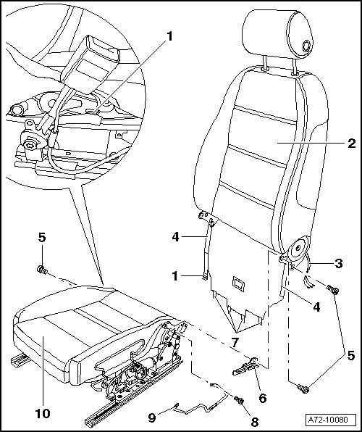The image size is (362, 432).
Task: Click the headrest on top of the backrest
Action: pos(277,36)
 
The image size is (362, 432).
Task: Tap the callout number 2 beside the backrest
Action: pos(352,144)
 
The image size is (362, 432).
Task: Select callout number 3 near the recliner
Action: pos(338,264)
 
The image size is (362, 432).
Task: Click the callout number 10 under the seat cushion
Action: pos(43,413)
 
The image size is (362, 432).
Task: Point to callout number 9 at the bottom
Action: pos(152,418)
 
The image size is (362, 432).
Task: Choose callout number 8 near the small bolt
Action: pos(254,421)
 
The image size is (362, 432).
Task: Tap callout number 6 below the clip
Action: pos(262,398)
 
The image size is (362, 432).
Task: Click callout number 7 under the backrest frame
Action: pos(235,343)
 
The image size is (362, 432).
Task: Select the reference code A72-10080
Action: pos(328,420)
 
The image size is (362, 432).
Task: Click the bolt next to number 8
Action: pos(239,400)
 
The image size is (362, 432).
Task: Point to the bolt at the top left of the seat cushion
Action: pos(42,270)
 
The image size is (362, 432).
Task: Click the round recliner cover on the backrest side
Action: pos(300,246)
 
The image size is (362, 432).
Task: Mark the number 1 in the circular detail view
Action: pos(169,36)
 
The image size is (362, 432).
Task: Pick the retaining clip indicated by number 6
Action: pos(245,367)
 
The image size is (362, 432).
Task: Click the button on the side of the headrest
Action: pos(306,46)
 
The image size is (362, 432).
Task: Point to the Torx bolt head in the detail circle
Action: pos(29,144)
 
